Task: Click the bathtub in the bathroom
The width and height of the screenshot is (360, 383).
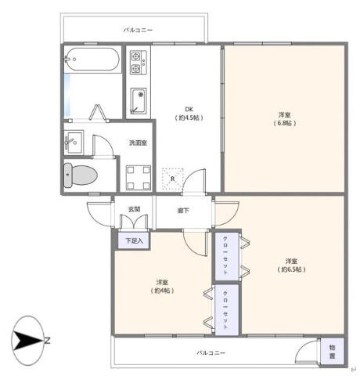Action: coord(92,60)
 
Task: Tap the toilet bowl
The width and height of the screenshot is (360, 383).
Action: coord(81,175)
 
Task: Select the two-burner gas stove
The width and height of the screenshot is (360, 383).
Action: coord(139,63)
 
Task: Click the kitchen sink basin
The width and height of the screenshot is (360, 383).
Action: coord(139,101)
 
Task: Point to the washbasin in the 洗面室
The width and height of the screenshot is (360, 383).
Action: coord(74,143)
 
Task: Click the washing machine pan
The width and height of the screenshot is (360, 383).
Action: coord(139,177)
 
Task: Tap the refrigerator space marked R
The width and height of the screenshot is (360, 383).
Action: coord(172,179)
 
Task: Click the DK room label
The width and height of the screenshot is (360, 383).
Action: coord(189,109)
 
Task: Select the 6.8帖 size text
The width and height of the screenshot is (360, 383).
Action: coord(284,123)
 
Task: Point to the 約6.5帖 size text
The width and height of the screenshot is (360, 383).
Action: coord(291,269)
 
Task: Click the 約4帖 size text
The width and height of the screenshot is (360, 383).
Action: coord(162,291)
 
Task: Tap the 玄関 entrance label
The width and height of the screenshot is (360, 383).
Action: coord(134,209)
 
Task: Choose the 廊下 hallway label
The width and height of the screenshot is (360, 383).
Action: coord(183,211)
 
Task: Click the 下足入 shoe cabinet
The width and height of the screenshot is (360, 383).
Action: coord(134,240)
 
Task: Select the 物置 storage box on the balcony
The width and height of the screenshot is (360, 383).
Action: coord(333,352)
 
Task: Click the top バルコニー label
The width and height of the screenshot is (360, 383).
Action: coord(138,30)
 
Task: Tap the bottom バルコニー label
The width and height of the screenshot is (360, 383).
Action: coord(211,353)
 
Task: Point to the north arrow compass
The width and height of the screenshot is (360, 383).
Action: coord(28,341)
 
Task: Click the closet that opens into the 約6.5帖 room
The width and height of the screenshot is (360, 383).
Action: coord(227,256)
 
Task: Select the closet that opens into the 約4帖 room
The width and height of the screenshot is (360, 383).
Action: coord(227,309)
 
